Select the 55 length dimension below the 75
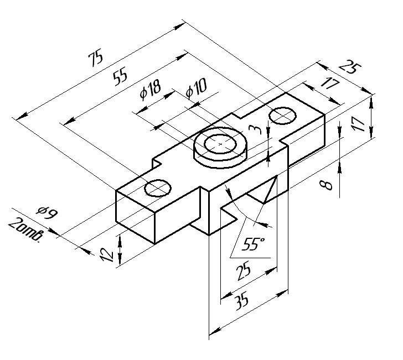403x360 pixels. point(120,76)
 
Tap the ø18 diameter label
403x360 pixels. point(151,90)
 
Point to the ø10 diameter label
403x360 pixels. point(196,88)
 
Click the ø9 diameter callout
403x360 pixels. point(47,212)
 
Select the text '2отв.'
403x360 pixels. point(25,230)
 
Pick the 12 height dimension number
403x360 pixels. point(107,254)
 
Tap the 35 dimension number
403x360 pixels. point(242,301)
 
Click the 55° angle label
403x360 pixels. point(253,244)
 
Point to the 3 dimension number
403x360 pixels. point(256,129)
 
